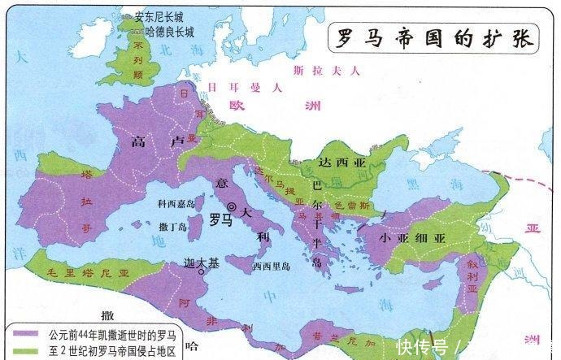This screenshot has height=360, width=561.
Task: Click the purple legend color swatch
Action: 24,332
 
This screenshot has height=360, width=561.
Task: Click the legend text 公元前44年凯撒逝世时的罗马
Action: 111,332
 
